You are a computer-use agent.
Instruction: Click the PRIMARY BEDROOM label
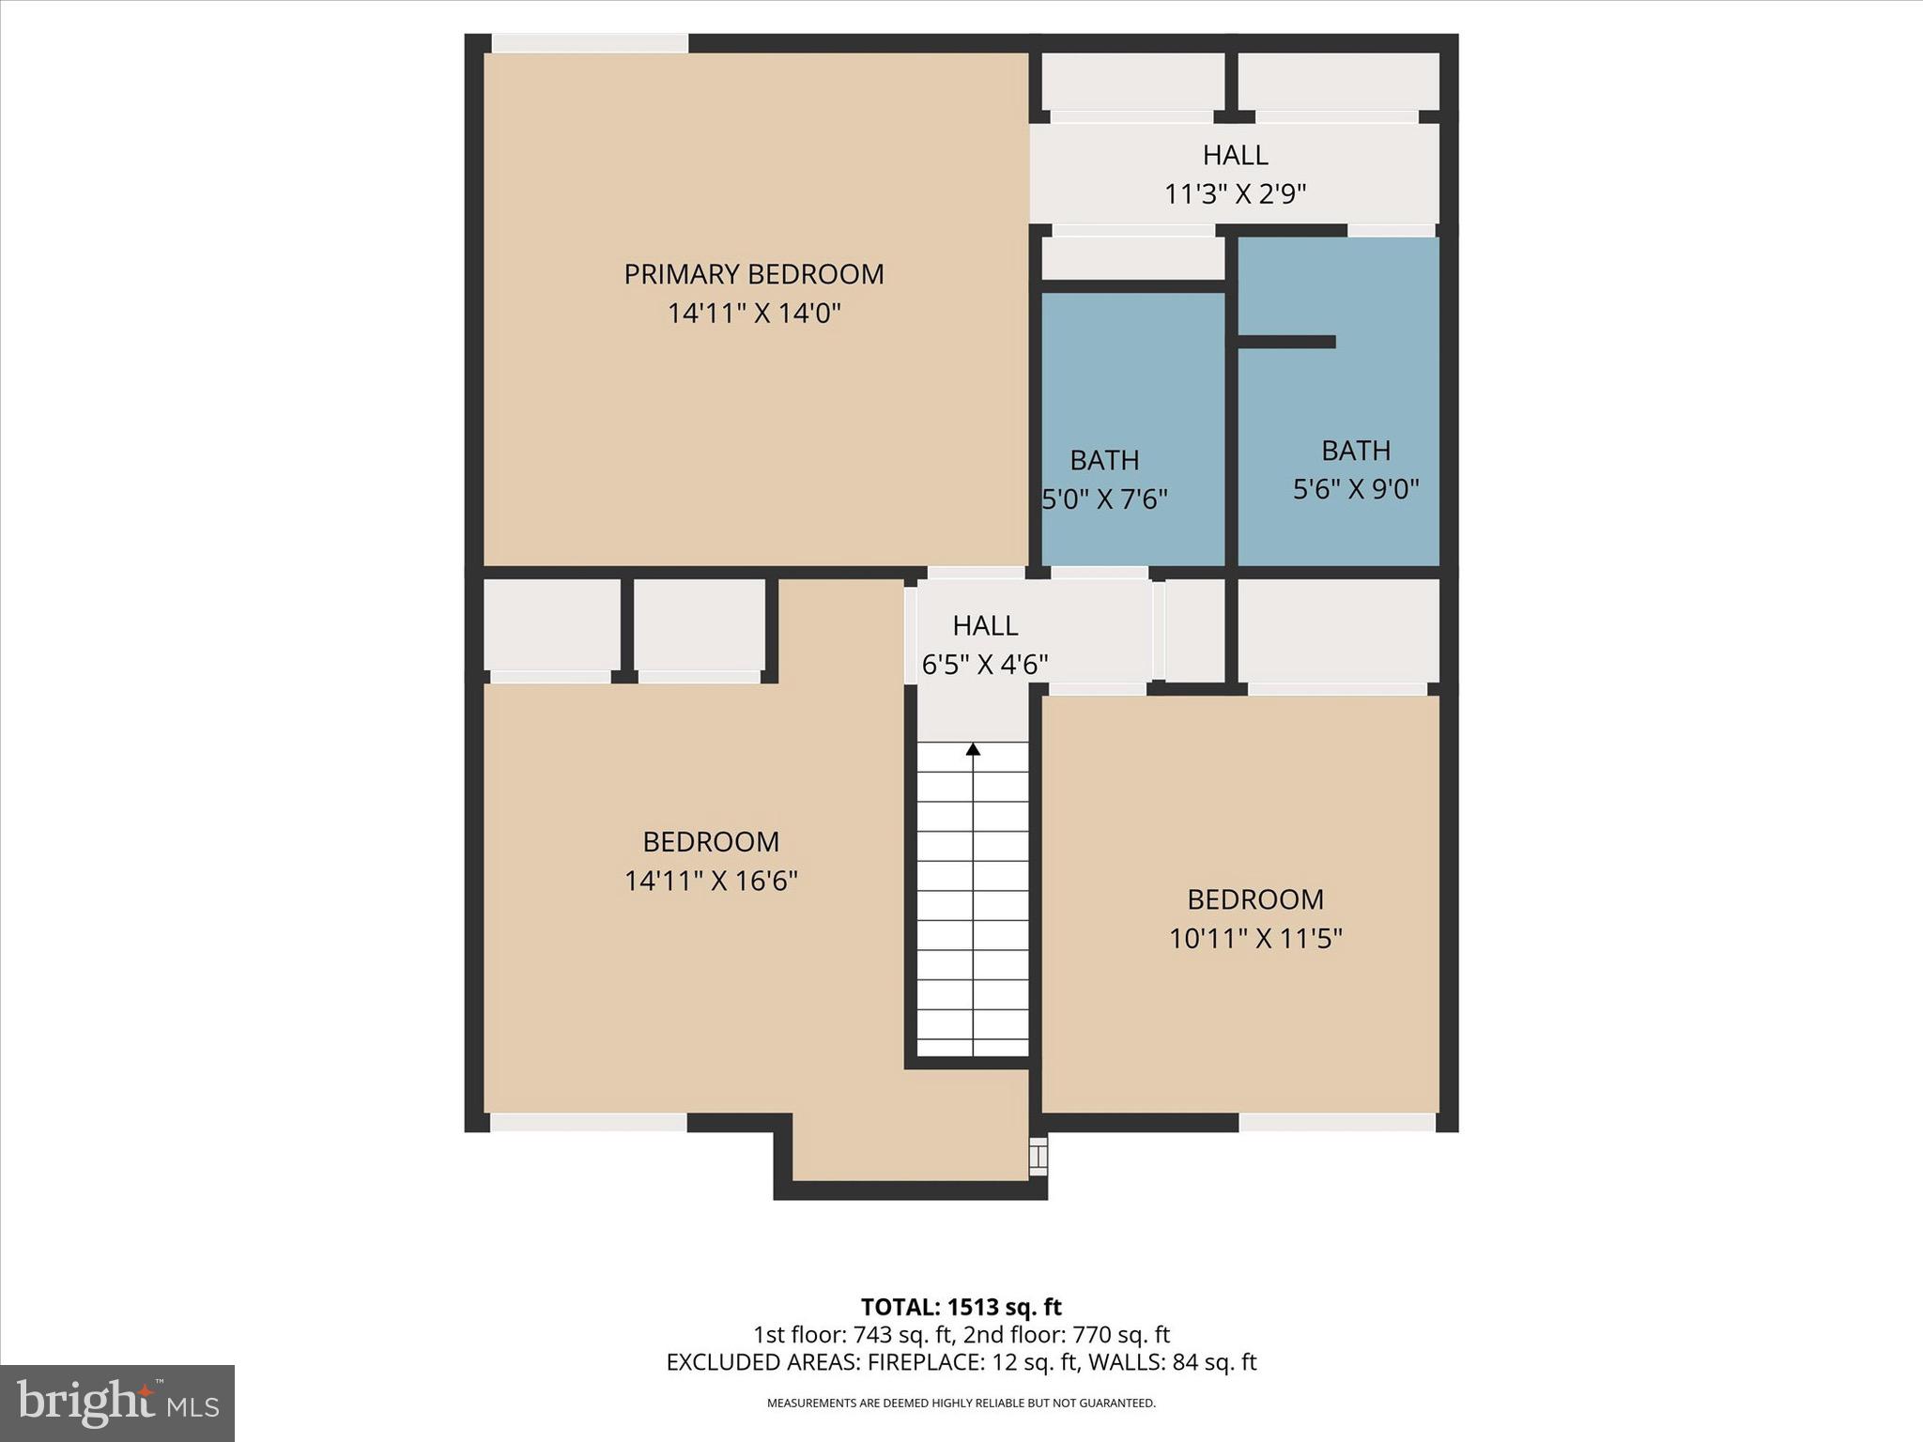click(x=754, y=274)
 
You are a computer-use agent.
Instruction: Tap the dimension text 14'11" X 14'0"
click(x=754, y=314)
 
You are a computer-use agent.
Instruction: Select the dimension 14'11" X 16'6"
click(x=711, y=882)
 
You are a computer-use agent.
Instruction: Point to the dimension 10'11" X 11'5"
click(x=1255, y=939)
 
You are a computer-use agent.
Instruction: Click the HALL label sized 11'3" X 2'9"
click(x=1236, y=155)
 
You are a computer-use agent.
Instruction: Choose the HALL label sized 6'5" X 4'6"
click(x=985, y=625)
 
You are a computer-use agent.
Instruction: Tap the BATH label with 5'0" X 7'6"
click(x=1104, y=460)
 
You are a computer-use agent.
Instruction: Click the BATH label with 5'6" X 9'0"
click(x=1356, y=451)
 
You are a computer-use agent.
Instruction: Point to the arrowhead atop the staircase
click(x=973, y=749)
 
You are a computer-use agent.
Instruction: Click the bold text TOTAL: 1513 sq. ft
click(x=961, y=1307)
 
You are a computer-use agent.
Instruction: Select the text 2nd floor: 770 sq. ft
click(x=1067, y=1335)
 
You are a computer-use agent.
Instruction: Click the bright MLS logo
click(x=117, y=1403)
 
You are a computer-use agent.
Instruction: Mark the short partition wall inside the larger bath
click(x=1287, y=342)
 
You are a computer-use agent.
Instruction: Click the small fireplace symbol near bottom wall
click(x=1038, y=1157)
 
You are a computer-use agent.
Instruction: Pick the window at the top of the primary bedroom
click(x=590, y=43)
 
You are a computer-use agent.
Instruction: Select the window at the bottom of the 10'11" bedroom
click(x=1337, y=1123)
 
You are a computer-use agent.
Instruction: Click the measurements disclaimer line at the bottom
click(x=961, y=1404)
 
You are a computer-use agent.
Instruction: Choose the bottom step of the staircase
click(x=973, y=1047)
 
